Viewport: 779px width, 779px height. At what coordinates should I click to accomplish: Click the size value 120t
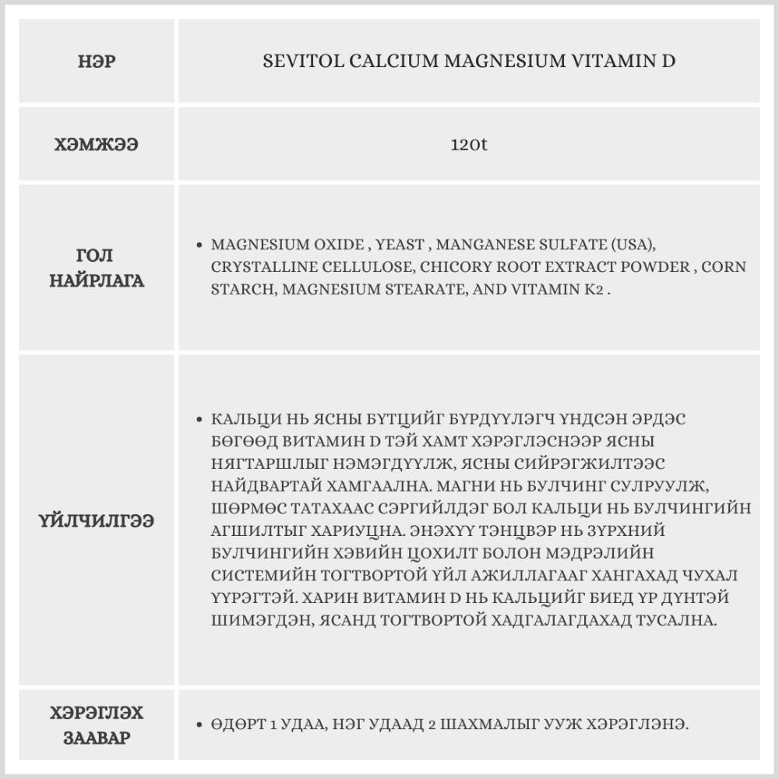click(x=469, y=145)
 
